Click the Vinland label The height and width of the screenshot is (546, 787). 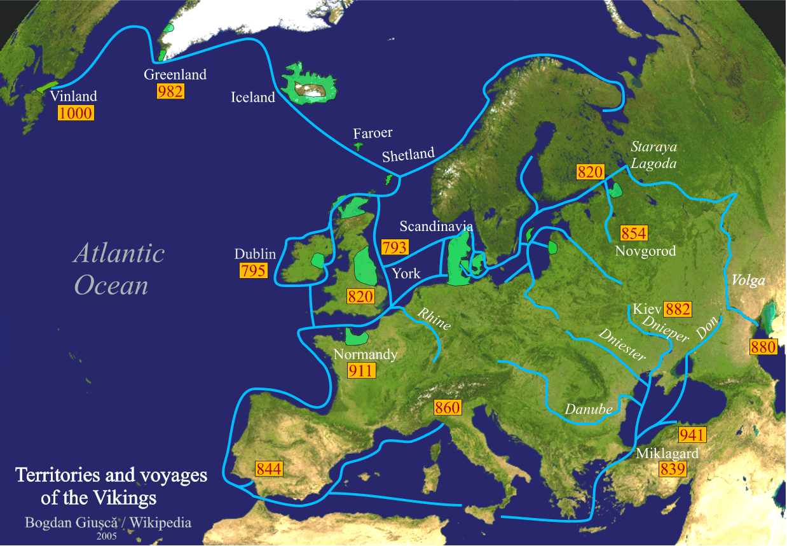[73, 97]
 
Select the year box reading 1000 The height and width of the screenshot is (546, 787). [76, 113]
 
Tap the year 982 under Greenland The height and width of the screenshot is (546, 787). [170, 91]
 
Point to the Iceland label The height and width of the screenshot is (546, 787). [253, 97]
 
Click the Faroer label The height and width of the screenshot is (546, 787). [373, 133]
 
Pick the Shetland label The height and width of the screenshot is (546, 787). [408, 155]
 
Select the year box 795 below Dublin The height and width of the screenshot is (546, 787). [253, 270]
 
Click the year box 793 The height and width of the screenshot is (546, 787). [394, 247]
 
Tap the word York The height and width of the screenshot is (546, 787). [406, 274]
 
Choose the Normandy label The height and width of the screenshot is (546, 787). [365, 354]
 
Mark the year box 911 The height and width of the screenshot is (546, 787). [362, 370]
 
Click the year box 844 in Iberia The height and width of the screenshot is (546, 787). [269, 469]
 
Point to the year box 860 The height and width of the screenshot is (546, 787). [448, 407]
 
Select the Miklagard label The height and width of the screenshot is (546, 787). [667, 454]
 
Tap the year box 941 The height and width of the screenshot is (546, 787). [692, 435]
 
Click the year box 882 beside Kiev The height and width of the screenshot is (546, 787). [677, 309]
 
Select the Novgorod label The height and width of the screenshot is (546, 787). [645, 251]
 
